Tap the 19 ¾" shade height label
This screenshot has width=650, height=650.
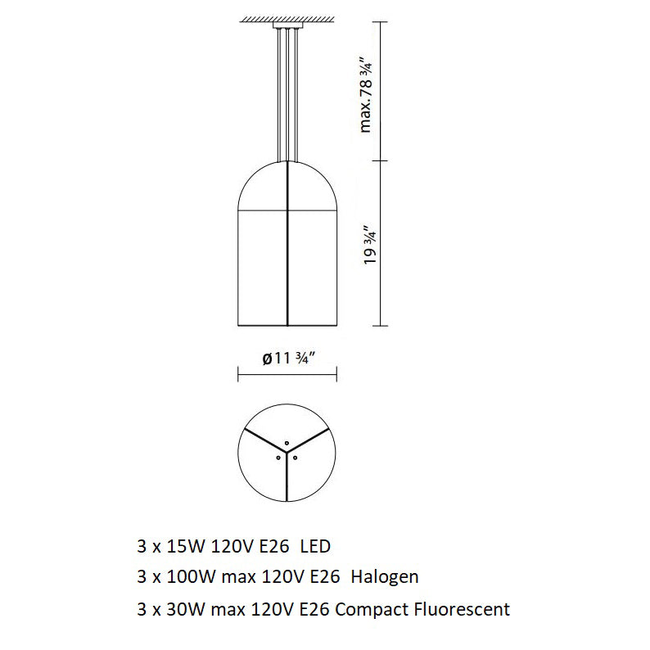tap(370, 242)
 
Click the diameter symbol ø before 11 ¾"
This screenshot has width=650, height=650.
tap(267, 358)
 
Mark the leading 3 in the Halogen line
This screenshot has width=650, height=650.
tap(142, 577)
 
